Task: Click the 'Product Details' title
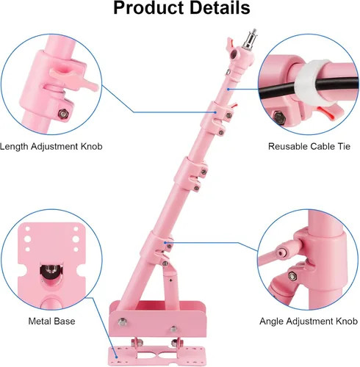pyautogui.click(x=181, y=8)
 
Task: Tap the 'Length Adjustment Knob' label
pyautogui.click(x=51, y=147)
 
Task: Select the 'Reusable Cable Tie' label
pyautogui.click(x=309, y=147)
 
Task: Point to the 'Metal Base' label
pyautogui.click(x=51, y=321)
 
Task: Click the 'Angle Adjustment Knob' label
pyautogui.click(x=309, y=321)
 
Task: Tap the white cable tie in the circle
pyautogui.click(x=311, y=83)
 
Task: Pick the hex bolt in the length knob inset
pyautogui.click(x=62, y=114)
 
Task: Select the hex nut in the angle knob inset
pyautogui.click(x=292, y=276)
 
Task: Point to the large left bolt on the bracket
pyautogui.click(x=122, y=321)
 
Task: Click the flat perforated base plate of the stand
pyautogui.click(x=156, y=355)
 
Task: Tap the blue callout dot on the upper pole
pyautogui.click(x=228, y=90)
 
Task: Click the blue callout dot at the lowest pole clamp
pyautogui.click(x=165, y=243)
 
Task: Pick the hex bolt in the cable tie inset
pyautogui.click(x=278, y=117)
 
